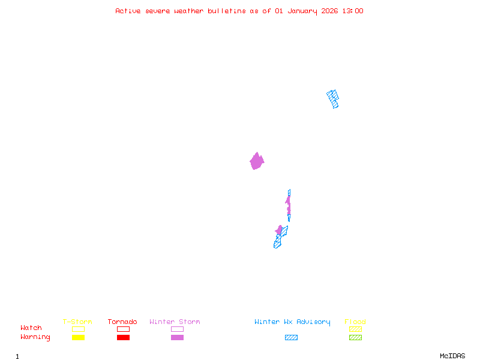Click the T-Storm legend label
tap(77, 322)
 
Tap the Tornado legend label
tap(122, 322)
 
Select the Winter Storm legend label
tap(175, 322)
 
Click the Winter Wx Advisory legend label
tap(292, 322)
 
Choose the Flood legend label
tap(355, 322)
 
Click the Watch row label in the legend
tap(31, 328)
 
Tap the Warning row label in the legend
tap(35, 337)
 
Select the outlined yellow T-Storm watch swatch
tap(78, 329)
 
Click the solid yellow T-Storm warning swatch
tap(78, 338)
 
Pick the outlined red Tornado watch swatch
tap(123, 329)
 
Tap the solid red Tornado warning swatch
tap(123, 338)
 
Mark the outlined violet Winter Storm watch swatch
tap(177, 329)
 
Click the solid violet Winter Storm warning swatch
tap(177, 338)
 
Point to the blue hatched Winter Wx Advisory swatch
tap(291, 338)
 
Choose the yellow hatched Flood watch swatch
tap(355, 329)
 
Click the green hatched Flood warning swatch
tap(355, 338)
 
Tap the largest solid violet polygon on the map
tap(257, 161)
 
